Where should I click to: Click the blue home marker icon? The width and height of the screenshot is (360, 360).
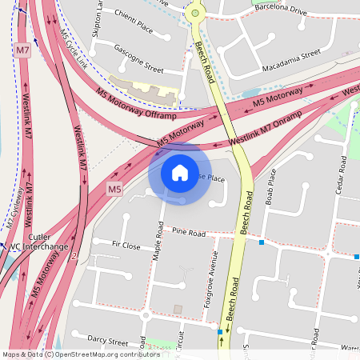click(180, 172)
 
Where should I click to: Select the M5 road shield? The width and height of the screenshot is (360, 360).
click(115, 190)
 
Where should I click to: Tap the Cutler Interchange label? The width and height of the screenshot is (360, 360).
click(38, 242)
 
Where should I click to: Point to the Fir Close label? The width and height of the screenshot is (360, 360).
click(126, 246)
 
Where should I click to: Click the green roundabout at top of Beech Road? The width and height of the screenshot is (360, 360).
click(194, 13)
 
